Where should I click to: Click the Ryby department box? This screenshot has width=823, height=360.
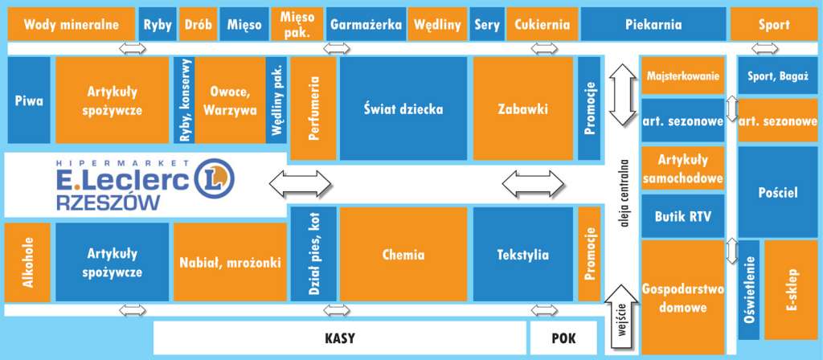[x=158, y=24]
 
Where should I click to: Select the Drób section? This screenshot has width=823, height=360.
[x=199, y=24]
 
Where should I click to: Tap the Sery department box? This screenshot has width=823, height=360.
[x=486, y=24]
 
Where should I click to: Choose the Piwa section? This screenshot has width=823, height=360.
[x=29, y=100]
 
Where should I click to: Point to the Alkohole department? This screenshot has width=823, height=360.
[x=27, y=263]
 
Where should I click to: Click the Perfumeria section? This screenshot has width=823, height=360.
[x=313, y=108]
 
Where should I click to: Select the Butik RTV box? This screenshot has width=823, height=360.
[x=683, y=215]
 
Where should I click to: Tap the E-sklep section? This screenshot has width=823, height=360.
[x=791, y=289]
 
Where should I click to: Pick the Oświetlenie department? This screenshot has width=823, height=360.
[x=749, y=289]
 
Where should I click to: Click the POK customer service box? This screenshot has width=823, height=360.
[x=563, y=338]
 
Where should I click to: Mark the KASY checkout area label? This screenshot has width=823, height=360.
[x=340, y=338]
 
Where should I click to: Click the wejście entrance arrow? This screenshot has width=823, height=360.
[x=622, y=319]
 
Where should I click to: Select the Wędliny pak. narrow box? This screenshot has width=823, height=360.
[x=276, y=100]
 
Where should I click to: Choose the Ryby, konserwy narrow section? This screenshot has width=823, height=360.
[x=184, y=100]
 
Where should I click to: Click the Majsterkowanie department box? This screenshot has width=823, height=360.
[x=683, y=76]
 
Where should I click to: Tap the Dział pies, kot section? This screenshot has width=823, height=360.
[x=313, y=254]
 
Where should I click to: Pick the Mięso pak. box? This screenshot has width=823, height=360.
[x=297, y=24]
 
